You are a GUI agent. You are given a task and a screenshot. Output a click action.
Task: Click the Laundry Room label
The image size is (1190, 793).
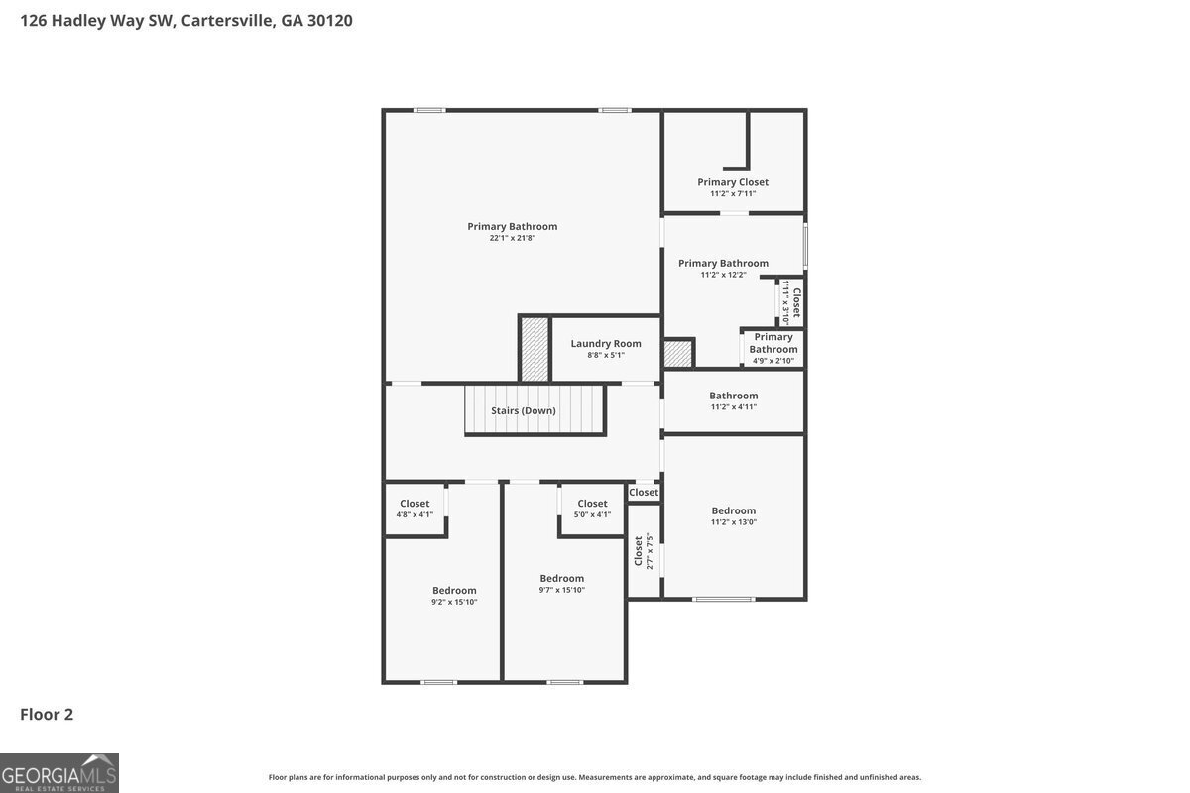click(x=606, y=344)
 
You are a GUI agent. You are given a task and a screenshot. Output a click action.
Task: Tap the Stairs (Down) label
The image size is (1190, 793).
click(x=524, y=410)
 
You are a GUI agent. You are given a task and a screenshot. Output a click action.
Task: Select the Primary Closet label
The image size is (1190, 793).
click(x=733, y=182)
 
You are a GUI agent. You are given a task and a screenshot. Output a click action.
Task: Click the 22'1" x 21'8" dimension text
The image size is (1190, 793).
click(x=513, y=238)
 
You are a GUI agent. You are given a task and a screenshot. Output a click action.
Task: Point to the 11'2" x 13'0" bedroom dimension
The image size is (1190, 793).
click(x=733, y=522)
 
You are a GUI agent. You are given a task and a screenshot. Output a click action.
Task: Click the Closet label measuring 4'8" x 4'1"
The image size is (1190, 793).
click(x=415, y=504)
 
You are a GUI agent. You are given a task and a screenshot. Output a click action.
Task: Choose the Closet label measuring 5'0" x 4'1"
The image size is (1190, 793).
click(x=592, y=504)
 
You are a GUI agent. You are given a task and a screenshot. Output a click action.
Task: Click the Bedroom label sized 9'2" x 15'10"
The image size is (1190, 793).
click(x=454, y=590)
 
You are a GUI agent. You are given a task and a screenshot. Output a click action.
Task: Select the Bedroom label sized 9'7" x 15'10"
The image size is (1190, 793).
click(x=562, y=578)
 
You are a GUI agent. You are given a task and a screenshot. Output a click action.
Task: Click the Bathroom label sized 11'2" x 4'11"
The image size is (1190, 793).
click(x=733, y=396)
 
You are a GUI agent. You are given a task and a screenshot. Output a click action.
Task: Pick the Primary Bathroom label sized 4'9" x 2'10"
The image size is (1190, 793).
click(x=773, y=343)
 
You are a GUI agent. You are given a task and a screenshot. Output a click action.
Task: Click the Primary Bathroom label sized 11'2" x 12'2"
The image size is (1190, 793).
click(x=723, y=263)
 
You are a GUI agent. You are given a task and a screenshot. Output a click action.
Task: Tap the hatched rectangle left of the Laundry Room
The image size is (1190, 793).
click(x=535, y=349)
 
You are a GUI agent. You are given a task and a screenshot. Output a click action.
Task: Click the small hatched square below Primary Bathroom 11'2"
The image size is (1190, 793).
click(x=678, y=354)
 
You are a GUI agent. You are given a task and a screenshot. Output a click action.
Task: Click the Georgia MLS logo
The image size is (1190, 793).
click(x=59, y=772)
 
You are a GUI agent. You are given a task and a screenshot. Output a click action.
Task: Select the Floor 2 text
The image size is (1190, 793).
click(x=47, y=714)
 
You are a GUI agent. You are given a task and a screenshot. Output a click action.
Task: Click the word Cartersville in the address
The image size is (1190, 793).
click(x=228, y=20)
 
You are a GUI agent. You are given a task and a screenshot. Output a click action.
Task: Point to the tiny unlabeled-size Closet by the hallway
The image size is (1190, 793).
click(x=644, y=492)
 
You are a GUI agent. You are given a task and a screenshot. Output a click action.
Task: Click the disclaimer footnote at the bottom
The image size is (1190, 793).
click(x=595, y=777)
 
